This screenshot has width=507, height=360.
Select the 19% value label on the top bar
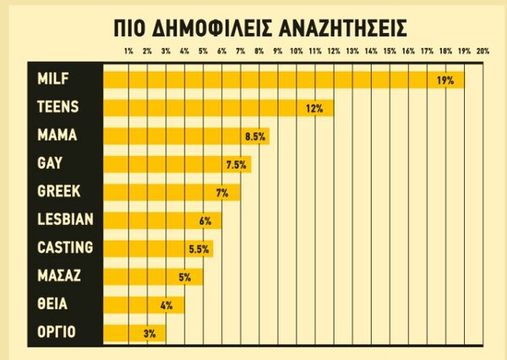[445, 80]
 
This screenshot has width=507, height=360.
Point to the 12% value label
[315, 108]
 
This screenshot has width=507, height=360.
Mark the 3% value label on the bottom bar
[150, 333]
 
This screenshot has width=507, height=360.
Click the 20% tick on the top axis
[482, 52]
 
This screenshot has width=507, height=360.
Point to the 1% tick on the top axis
[128, 52]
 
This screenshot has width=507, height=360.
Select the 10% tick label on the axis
[296, 52]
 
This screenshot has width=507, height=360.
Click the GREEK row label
[59, 191]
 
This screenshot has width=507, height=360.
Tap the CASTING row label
[65, 248]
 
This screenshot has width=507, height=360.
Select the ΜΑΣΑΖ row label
[60, 275]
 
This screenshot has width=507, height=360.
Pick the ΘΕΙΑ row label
[52, 304]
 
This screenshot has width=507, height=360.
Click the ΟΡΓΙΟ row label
[56, 332]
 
